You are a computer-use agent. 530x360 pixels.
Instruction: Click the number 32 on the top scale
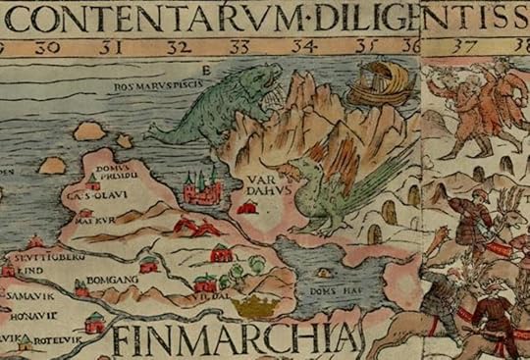click(x=179, y=46)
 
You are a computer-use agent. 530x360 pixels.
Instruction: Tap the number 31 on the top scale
click(x=117, y=46)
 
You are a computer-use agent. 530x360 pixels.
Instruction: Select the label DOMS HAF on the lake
click(x=326, y=290)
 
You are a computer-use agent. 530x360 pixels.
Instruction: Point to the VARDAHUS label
click(x=266, y=185)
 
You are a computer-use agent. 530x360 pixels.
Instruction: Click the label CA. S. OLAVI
click(x=87, y=196)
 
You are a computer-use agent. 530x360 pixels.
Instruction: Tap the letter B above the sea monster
click(x=205, y=70)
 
